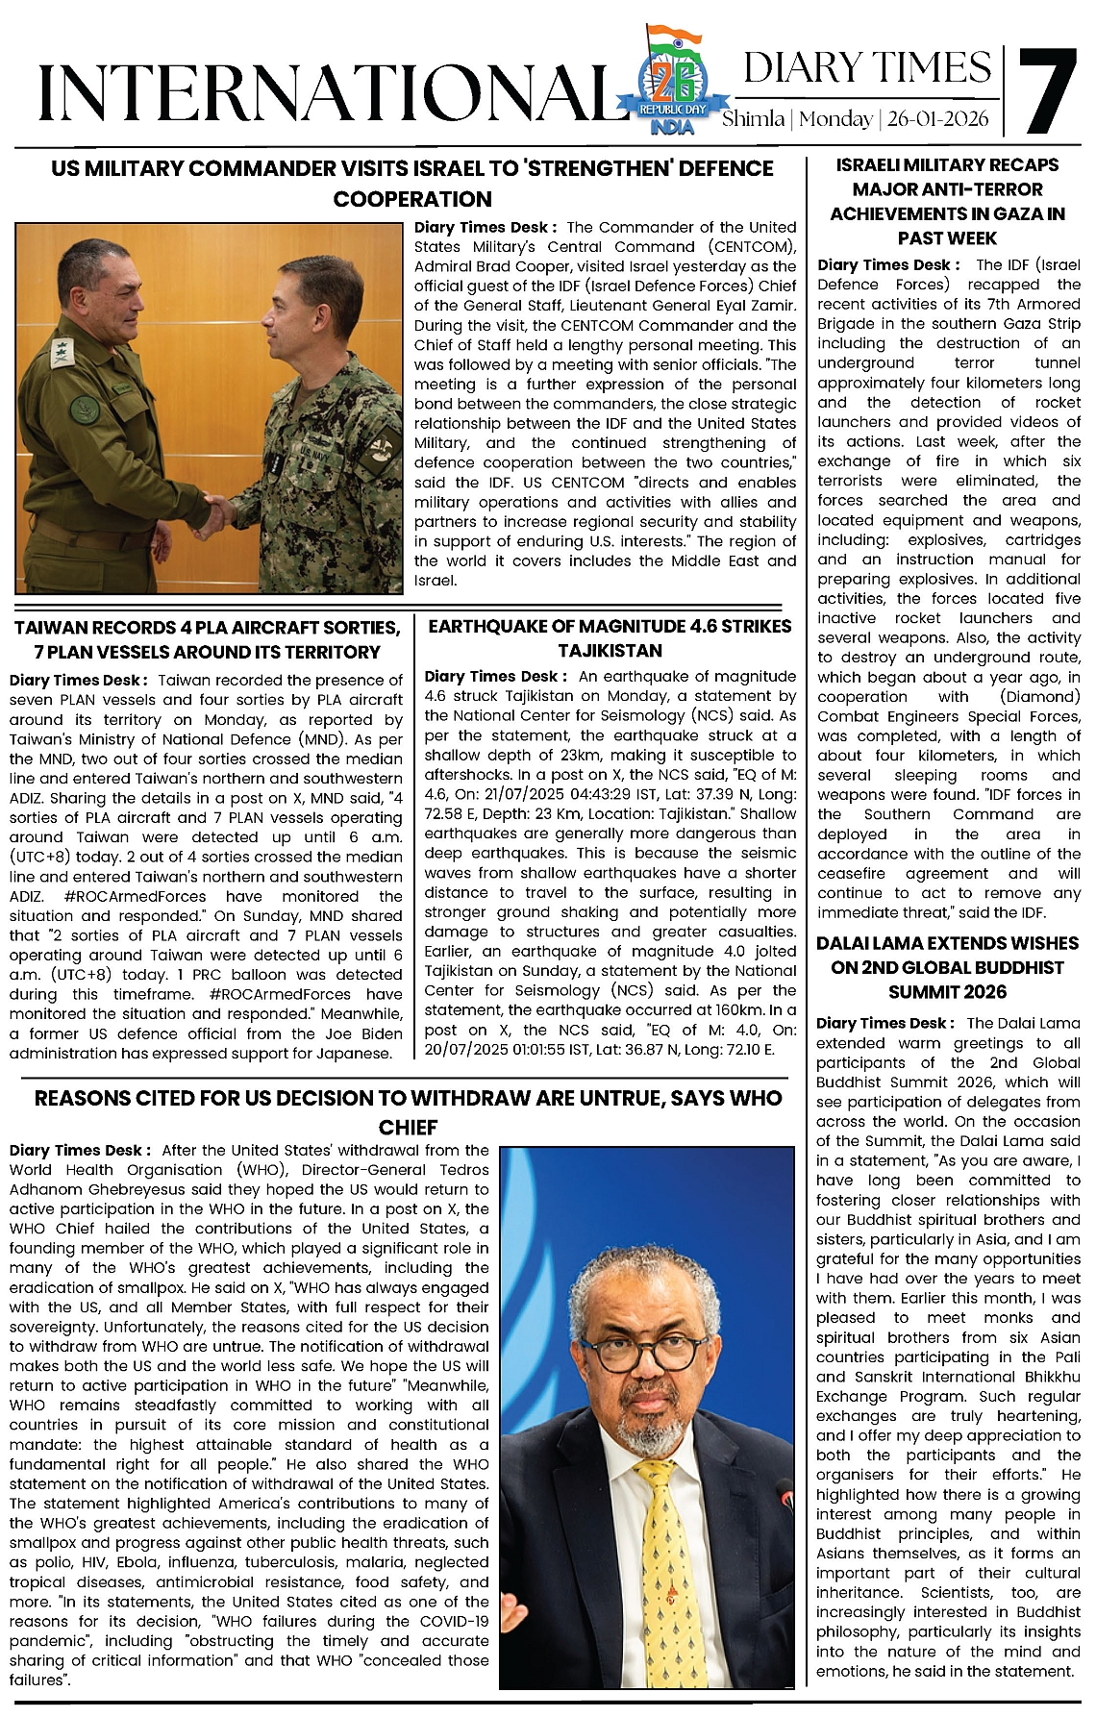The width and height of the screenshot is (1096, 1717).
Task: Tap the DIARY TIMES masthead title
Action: [866, 68]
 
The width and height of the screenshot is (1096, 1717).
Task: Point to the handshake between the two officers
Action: [217, 512]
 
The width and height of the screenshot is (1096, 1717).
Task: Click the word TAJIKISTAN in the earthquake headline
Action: [610, 651]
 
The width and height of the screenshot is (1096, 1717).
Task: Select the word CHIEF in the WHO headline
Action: [408, 1128]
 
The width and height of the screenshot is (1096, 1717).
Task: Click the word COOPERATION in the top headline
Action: [412, 199]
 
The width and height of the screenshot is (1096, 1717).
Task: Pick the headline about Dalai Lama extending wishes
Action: [947, 967]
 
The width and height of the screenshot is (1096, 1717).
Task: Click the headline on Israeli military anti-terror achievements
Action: [947, 201]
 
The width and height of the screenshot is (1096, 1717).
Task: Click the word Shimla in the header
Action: [753, 120]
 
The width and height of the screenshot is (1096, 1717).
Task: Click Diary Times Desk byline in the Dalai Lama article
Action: [885, 1023]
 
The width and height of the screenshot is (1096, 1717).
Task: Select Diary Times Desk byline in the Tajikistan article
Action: [494, 676]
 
